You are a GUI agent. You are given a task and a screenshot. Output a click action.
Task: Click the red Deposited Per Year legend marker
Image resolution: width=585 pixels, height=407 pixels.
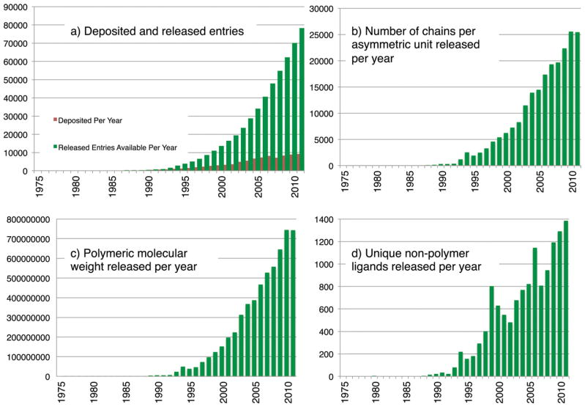click(x=56, y=119)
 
